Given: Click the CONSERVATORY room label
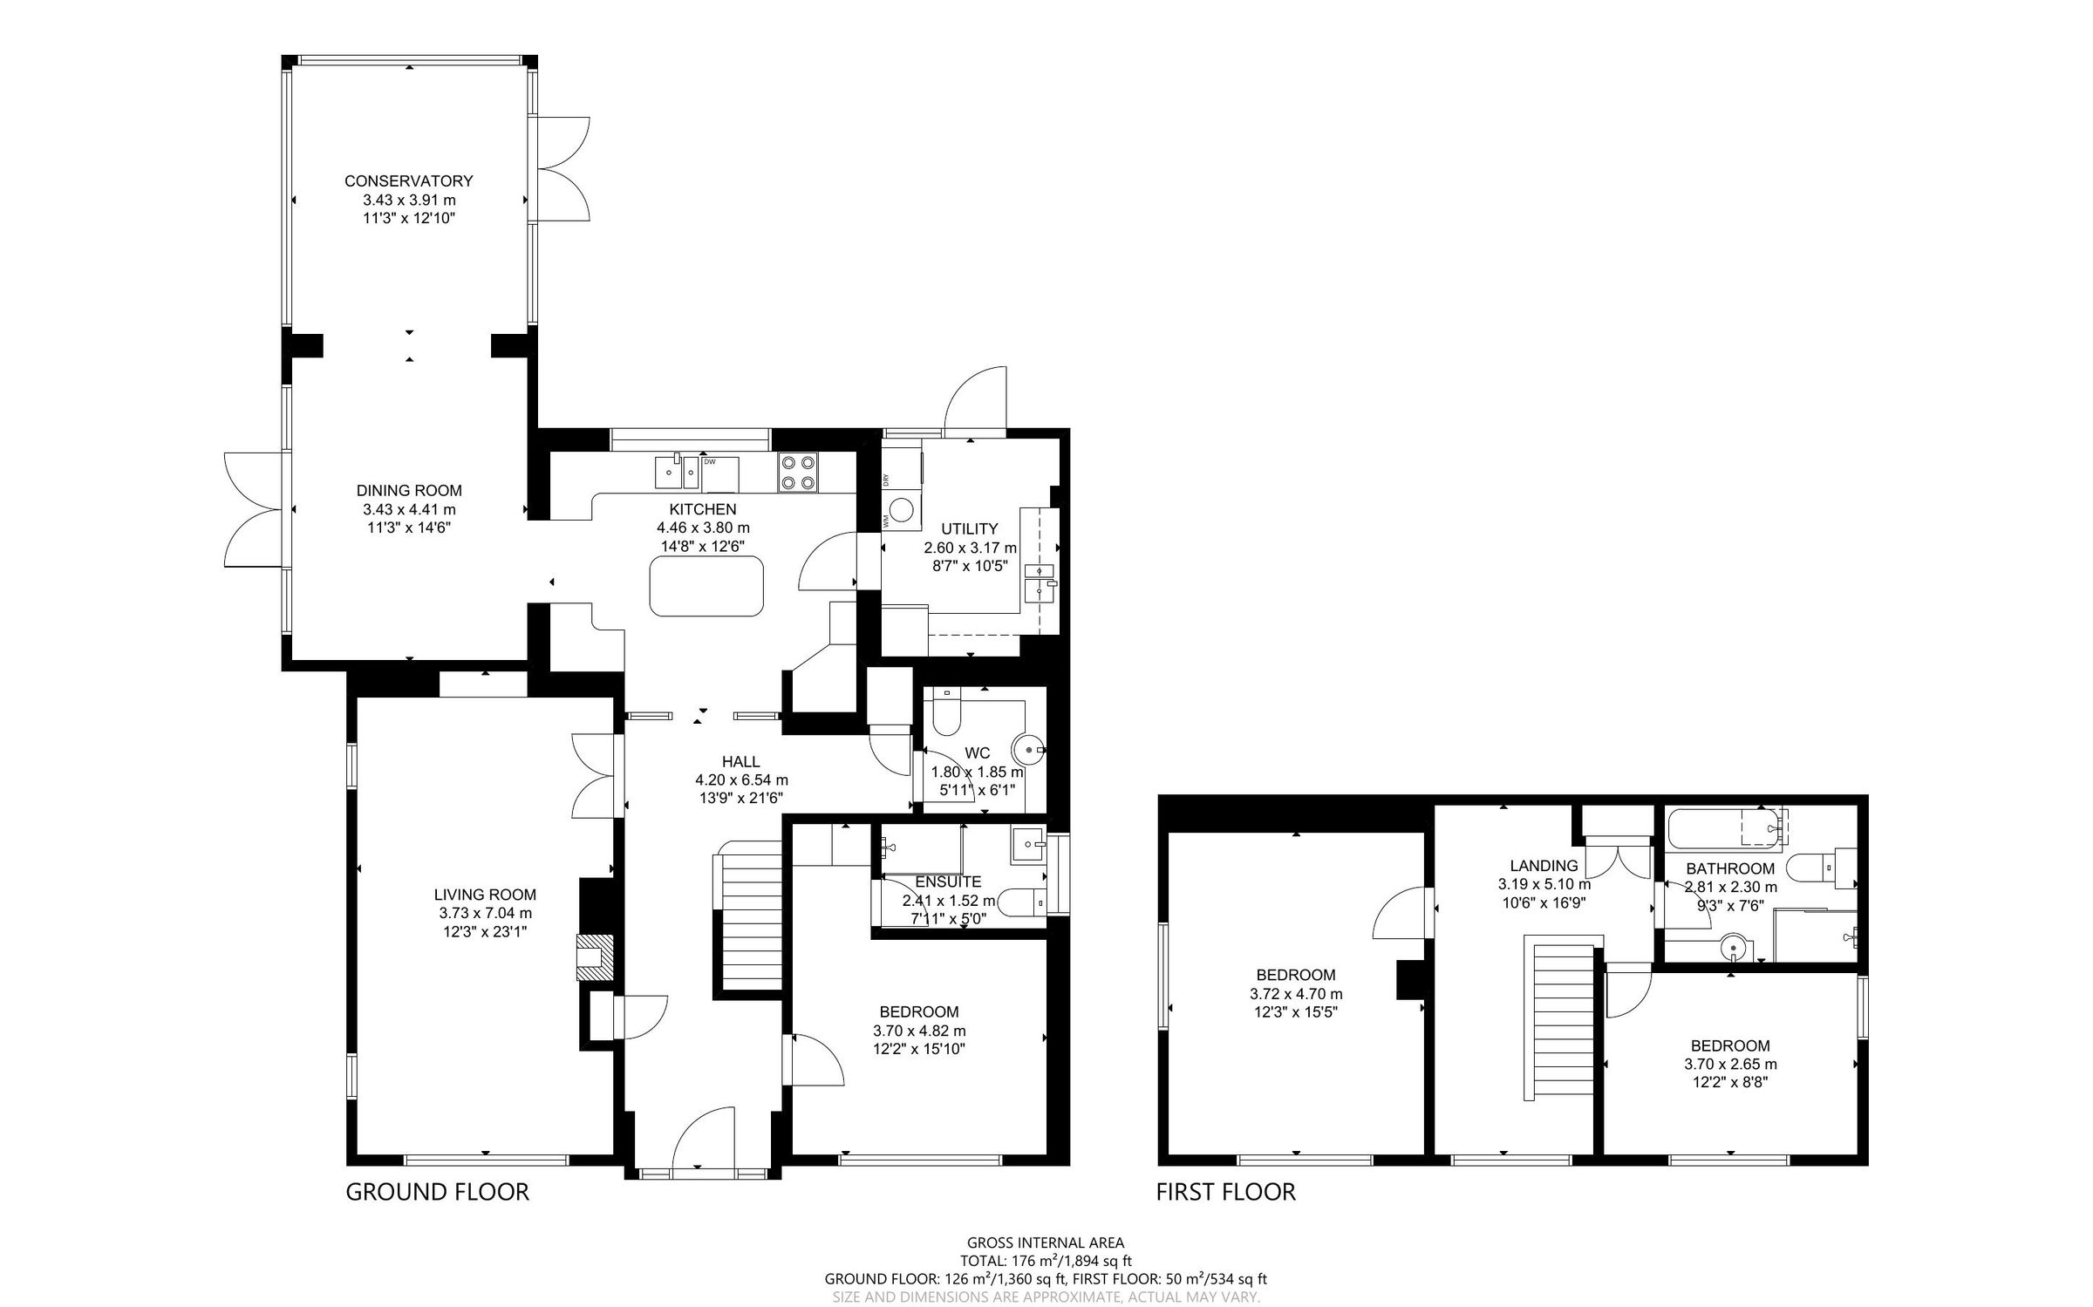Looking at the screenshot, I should tap(408, 181).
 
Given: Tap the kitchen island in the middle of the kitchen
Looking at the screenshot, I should tap(706, 586).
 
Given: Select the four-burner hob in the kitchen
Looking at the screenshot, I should tap(798, 472).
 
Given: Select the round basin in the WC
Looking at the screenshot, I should tap(1027, 750).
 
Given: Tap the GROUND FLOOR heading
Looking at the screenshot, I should tap(437, 1192).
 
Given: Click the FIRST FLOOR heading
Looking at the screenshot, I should tap(1225, 1192).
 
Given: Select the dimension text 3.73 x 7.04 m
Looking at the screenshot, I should tap(485, 913).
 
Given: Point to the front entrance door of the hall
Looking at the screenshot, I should tap(703, 1137).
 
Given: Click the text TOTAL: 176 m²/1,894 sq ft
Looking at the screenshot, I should tap(1046, 1260).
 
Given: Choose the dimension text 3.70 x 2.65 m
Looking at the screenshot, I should tap(1730, 1064).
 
